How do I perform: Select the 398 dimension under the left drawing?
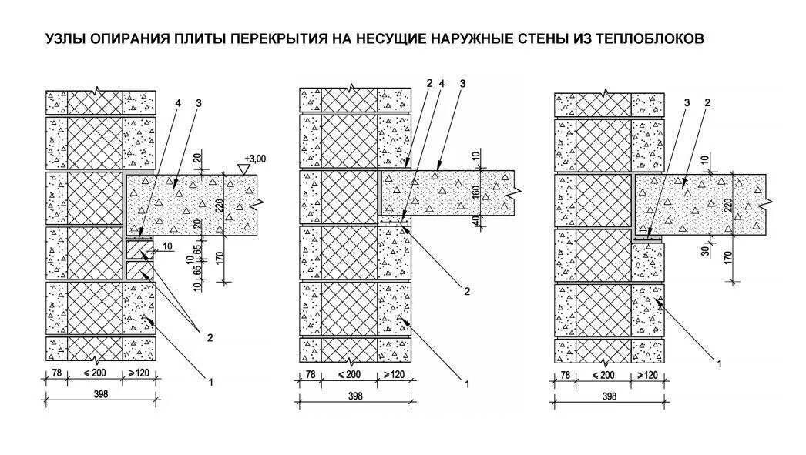(x=101, y=394)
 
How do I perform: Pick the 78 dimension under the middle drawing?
(x=310, y=375)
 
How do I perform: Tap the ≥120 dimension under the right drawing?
(x=648, y=375)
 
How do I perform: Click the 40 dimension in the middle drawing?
(x=475, y=220)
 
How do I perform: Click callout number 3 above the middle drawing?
(x=461, y=83)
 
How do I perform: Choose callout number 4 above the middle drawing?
(x=441, y=83)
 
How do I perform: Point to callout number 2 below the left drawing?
(x=207, y=336)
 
